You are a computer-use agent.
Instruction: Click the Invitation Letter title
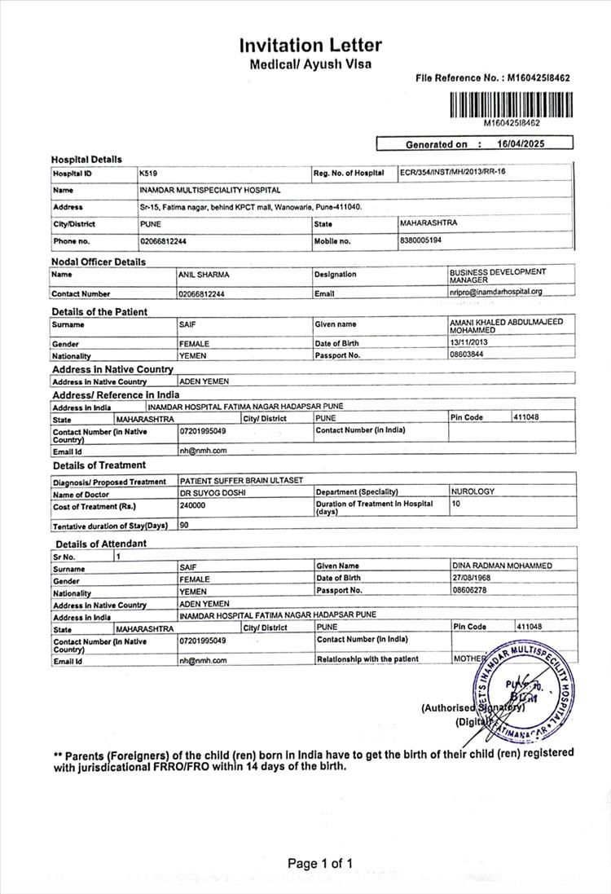310,45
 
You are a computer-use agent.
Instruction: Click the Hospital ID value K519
148,174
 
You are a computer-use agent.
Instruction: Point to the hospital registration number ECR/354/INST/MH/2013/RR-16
452,173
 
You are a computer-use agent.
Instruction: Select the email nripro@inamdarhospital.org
495,291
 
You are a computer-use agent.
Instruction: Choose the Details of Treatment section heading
99,465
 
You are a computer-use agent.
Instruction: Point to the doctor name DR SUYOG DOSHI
213,493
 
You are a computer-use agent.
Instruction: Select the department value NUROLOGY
473,492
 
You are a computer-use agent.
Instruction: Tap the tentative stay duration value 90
184,526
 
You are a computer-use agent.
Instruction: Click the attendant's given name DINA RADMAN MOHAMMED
502,566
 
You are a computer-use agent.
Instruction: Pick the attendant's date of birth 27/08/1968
473,578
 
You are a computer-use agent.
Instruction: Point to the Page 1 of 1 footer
321,863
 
